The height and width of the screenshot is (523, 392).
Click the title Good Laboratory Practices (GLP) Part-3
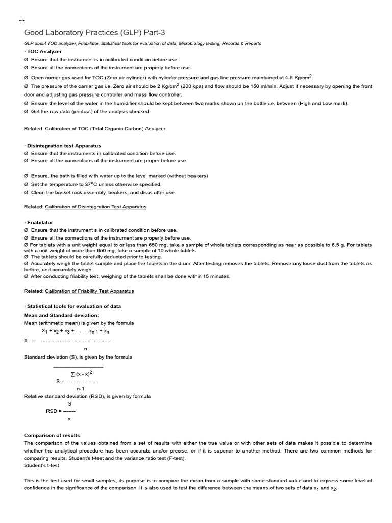pyautogui.click(x=95, y=33)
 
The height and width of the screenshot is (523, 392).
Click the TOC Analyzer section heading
pyautogui.click(x=44, y=52)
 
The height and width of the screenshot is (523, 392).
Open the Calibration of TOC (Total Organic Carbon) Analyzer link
pyautogui.click(x=105, y=129)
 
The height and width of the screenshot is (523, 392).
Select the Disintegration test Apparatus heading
pyautogui.click(x=64, y=146)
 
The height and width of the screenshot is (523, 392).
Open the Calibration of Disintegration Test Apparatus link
pyautogui.click(x=95, y=207)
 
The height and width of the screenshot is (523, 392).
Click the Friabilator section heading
pyautogui.click(x=40, y=223)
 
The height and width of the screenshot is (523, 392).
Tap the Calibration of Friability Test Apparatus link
pyautogui.click(x=89, y=291)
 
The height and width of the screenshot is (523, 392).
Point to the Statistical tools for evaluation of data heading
pyautogui.click(x=73, y=306)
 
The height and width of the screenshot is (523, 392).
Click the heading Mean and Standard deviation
pyautogui.click(x=61, y=315)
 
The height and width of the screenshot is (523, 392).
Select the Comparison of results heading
pyautogui.click(x=52, y=435)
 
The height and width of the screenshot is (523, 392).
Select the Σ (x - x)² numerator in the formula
pyautogui.click(x=85, y=374)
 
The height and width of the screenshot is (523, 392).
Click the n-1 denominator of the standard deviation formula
pyautogui.click(x=80, y=389)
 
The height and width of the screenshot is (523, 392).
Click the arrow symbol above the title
pyautogui.click(x=21, y=20)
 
